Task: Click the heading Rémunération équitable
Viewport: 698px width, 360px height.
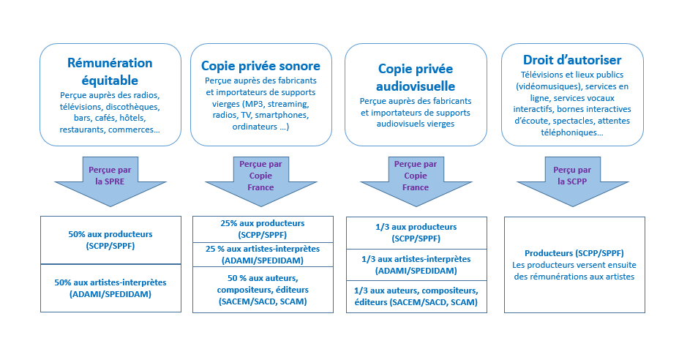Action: point(110,72)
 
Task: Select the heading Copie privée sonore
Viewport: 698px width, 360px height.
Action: point(261,66)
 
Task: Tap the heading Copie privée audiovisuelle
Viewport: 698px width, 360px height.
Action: point(416,78)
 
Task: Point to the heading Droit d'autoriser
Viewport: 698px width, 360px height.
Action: point(572,60)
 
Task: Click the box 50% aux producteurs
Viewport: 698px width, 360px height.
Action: point(110,240)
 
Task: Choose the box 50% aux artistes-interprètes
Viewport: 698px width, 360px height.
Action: point(110,288)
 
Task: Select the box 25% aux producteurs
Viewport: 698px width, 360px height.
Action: point(263,229)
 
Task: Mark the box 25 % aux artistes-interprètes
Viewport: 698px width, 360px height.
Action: point(263,255)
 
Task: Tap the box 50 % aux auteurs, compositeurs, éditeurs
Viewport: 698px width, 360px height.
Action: point(263,290)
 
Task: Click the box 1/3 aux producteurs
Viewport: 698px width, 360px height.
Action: point(416,233)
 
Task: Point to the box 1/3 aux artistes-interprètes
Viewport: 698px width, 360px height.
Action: point(416,265)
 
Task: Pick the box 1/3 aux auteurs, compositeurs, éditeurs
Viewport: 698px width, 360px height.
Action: point(416,296)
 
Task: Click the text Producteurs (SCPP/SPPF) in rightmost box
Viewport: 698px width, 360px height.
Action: point(574,253)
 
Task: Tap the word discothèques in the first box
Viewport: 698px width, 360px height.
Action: point(132,107)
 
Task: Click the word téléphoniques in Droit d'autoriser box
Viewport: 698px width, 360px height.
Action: point(572,132)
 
